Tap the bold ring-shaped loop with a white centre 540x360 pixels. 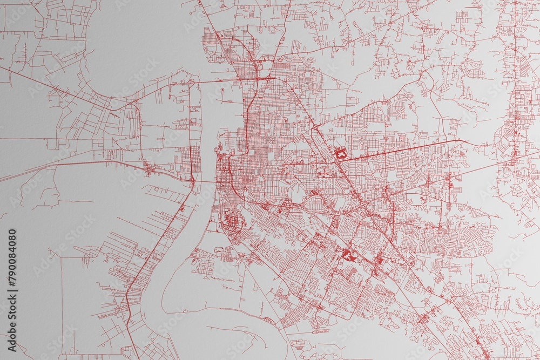pyautogui.click(x=340, y=154)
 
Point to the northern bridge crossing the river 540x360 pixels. pyautogui.click(x=216, y=81)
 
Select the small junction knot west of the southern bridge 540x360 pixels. pyautogui.click(x=150, y=171)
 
